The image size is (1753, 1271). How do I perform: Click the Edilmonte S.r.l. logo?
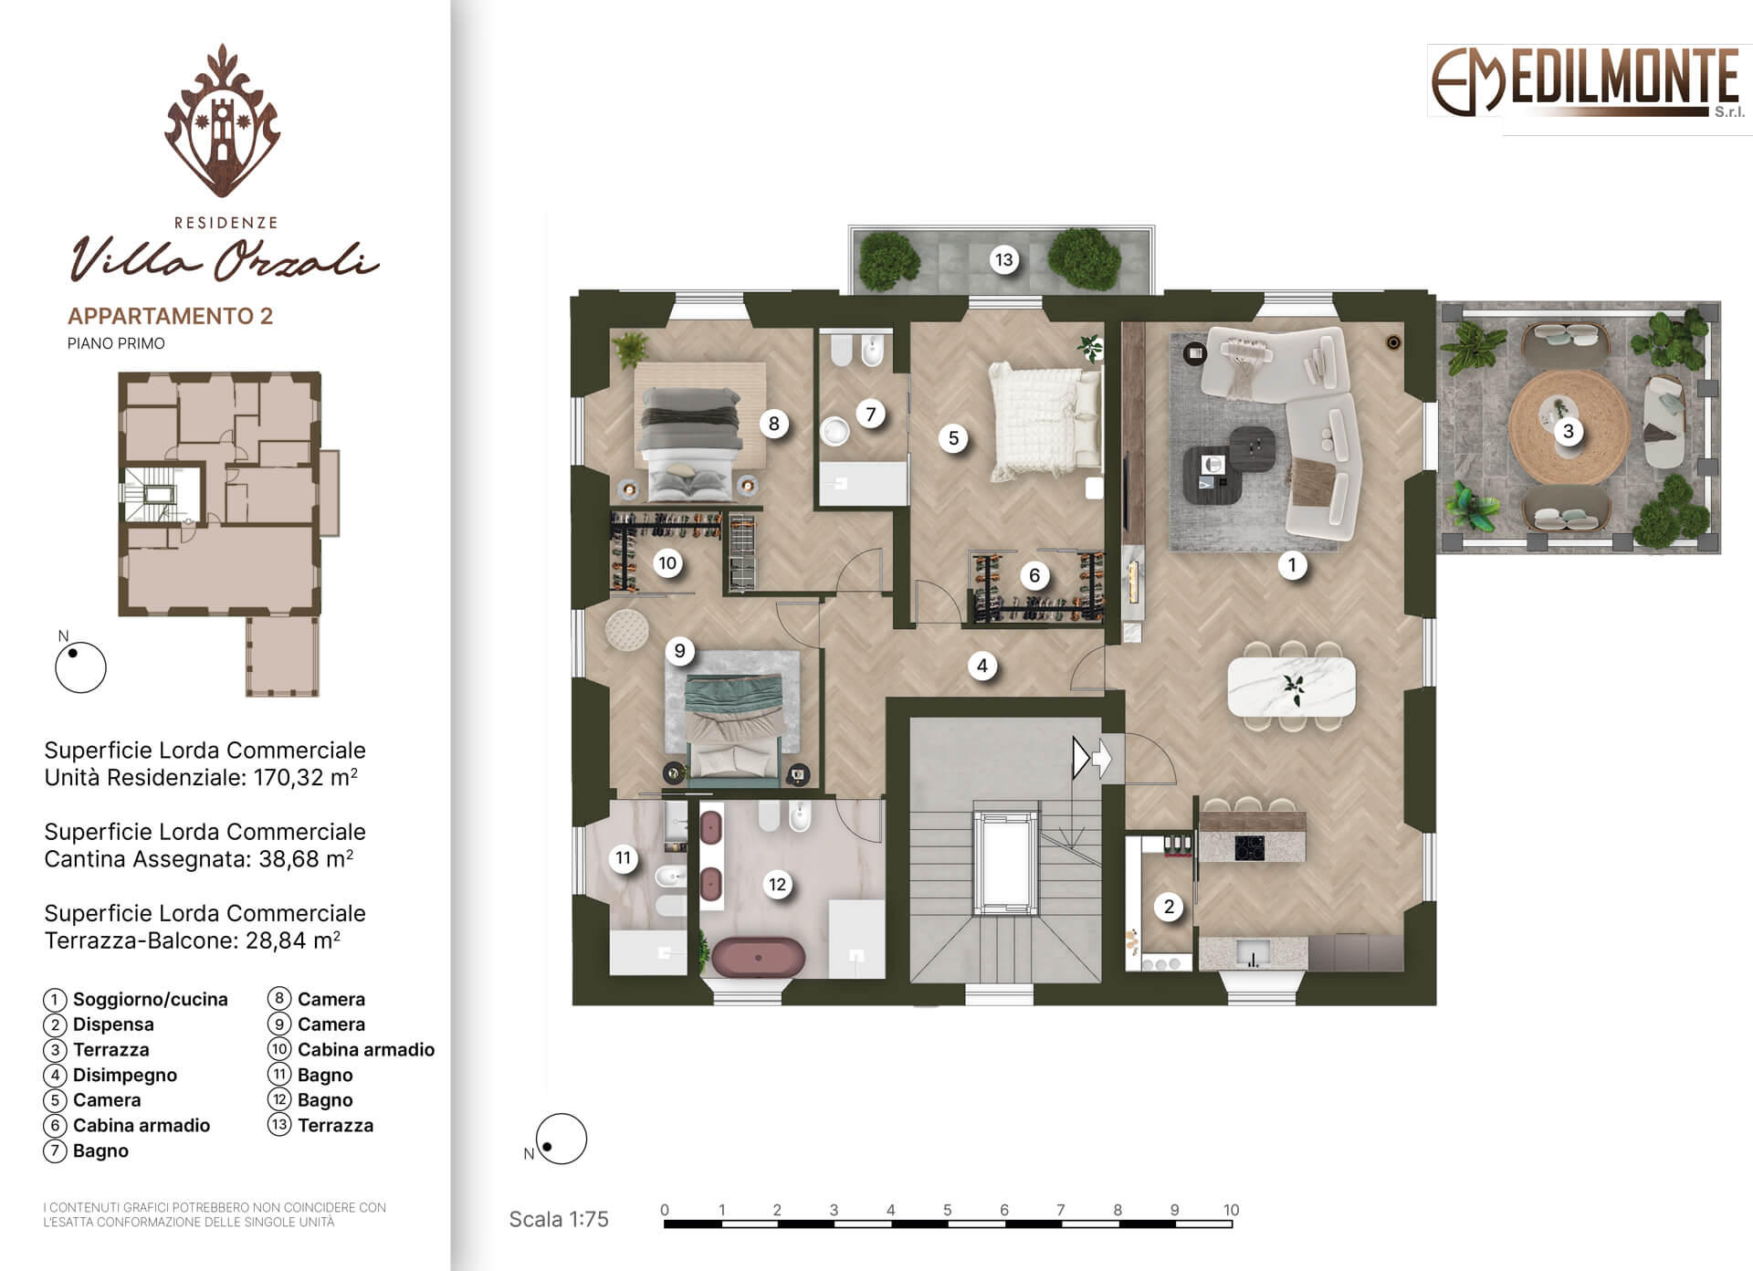tap(1587, 82)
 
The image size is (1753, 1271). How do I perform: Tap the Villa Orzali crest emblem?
tap(223, 121)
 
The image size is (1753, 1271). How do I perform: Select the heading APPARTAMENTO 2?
tap(170, 316)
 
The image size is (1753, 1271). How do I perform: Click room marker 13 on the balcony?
tap(1003, 260)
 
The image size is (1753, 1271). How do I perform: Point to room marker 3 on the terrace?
tap(1569, 431)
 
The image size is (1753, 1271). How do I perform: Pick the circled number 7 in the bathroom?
tap(870, 415)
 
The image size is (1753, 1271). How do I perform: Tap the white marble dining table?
tap(1291, 687)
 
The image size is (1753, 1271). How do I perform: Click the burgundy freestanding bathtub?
tap(758, 958)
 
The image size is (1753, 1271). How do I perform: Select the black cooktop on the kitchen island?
tap(1249, 848)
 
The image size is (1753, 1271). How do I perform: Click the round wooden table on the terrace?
tap(1569, 427)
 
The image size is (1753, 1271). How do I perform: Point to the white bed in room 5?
tap(1045, 420)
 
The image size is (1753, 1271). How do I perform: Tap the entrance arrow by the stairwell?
tap(1092, 758)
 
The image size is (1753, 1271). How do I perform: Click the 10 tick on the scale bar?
tap(1231, 1211)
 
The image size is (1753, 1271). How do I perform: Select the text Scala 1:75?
tap(558, 1219)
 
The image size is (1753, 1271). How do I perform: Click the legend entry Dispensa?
tap(113, 1024)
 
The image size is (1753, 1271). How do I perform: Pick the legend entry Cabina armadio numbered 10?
tap(366, 1050)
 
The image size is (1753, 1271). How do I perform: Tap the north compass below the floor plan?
tap(560, 1140)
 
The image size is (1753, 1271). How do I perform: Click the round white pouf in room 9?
tap(626, 630)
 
